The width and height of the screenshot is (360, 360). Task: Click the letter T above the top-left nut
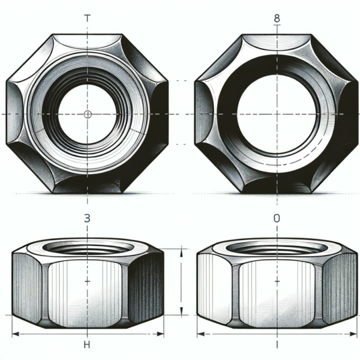[88, 18]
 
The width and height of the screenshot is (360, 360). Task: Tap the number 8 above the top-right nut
[277, 18]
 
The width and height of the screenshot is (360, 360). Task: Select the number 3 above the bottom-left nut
[87, 219]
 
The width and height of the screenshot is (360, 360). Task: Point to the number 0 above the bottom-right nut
[277, 219]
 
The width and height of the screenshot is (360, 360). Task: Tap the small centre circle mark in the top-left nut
[88, 114]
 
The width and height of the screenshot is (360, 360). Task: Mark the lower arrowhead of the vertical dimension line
[181, 312]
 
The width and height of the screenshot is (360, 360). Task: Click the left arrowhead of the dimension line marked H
[15, 334]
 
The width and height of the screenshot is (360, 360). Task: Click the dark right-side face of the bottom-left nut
[146, 285]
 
